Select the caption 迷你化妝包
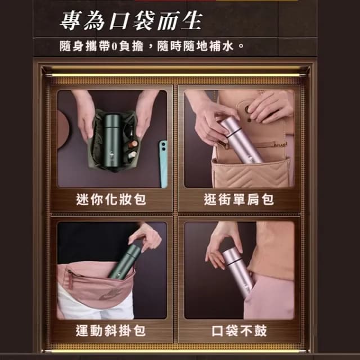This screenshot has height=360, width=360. tap(111, 199)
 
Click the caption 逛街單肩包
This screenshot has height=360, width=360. tap(238, 199)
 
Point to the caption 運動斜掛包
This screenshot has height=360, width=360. tap(111, 331)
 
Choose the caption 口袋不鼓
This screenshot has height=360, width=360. tap(238, 331)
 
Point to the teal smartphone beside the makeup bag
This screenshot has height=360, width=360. tap(163, 163)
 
